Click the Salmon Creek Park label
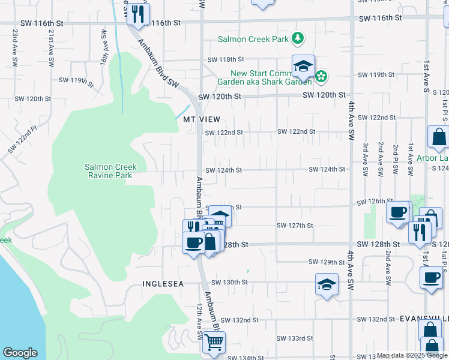pyautogui.click(x=254, y=40)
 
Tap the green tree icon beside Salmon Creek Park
pyautogui.click(x=297, y=40)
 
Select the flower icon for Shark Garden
pyautogui.click(x=322, y=76)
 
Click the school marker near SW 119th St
pyautogui.click(x=304, y=67)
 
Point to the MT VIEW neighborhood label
pyautogui.click(x=202, y=120)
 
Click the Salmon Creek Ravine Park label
pyautogui.click(x=110, y=171)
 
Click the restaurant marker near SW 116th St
pyautogui.click(x=139, y=14)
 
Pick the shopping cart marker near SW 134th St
pyautogui.click(x=214, y=343)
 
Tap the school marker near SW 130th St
pyautogui.click(x=327, y=285)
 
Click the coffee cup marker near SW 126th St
pyautogui.click(x=398, y=212)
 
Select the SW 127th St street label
pyautogui.click(x=295, y=226)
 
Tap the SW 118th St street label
pyautogui.click(x=226, y=60)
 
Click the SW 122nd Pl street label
pyautogui.click(x=22, y=139)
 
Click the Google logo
pyautogui.click(x=20, y=353)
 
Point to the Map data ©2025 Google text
pyautogui.click(x=411, y=356)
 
